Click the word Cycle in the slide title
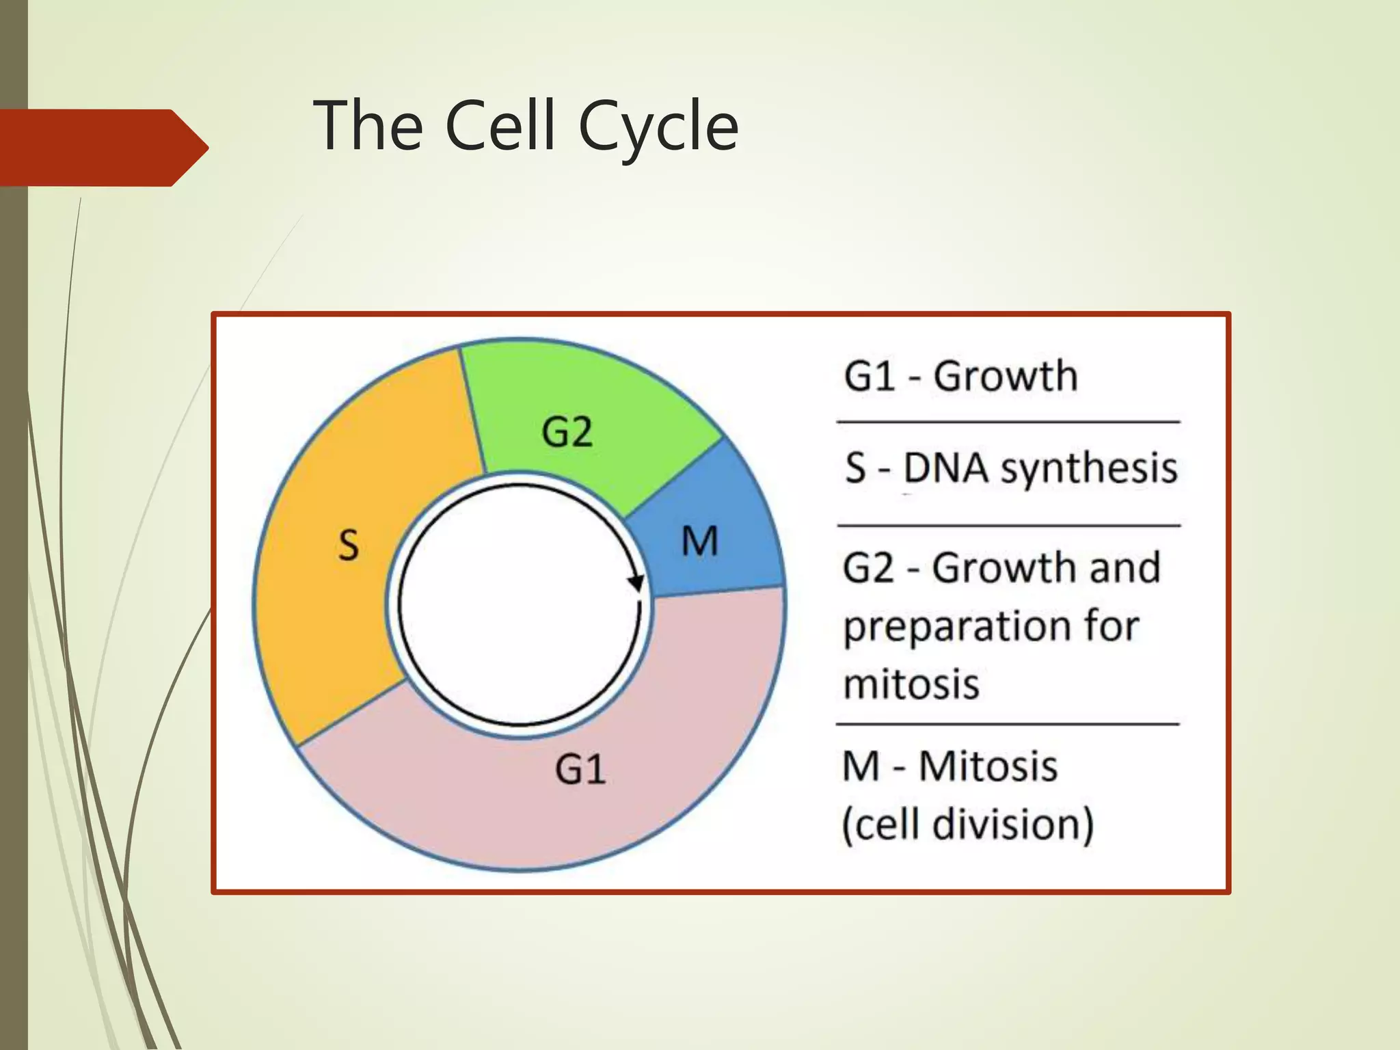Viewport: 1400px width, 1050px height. (658, 126)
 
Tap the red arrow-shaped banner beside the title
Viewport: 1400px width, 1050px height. (103, 147)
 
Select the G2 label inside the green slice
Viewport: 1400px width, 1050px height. (567, 432)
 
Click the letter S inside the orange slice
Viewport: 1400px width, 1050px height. (349, 546)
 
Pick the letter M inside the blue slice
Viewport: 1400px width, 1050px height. (700, 542)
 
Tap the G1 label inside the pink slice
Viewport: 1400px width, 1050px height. (580, 770)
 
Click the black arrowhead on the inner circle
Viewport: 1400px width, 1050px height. (636, 583)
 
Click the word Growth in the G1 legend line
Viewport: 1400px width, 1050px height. (1005, 377)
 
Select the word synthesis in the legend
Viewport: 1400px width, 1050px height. (1088, 469)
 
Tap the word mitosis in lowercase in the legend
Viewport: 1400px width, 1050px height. (911, 684)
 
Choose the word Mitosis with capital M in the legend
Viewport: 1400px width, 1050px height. (987, 766)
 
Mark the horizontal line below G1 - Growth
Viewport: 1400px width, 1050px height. (1008, 422)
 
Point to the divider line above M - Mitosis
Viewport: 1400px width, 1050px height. (1008, 723)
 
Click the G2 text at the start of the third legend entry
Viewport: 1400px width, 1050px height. (868, 568)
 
